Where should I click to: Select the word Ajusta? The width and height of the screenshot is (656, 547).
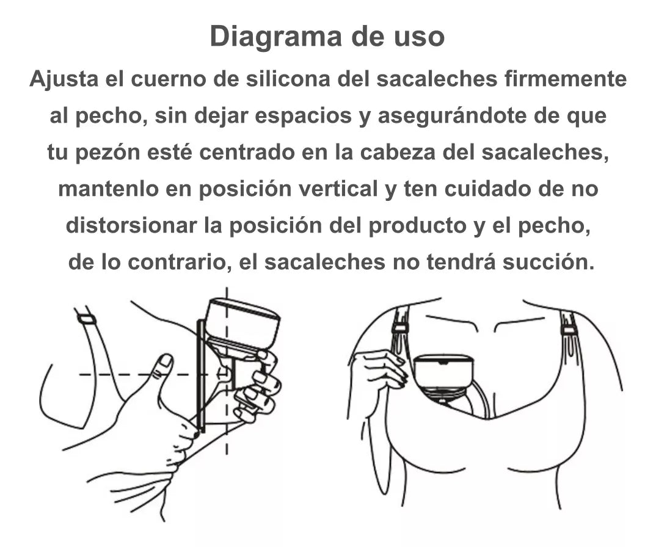point(64,79)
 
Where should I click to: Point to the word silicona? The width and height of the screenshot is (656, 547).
point(288,79)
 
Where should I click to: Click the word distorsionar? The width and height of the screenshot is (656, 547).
point(132,225)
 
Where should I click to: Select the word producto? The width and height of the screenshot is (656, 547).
point(417,226)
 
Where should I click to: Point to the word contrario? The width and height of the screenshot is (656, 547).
point(180,263)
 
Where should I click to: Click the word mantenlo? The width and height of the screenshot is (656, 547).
point(109,189)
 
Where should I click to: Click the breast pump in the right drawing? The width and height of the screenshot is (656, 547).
point(443,375)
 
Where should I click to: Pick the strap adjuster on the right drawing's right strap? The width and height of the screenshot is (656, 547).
point(567,330)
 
